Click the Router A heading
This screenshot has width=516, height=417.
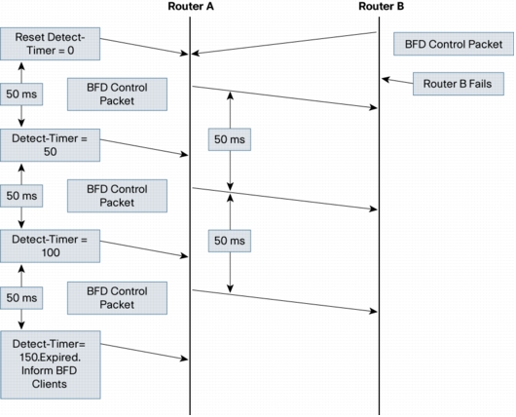click(x=191, y=6)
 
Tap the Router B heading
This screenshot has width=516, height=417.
click(x=381, y=6)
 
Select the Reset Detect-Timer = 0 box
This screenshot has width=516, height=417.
click(x=50, y=44)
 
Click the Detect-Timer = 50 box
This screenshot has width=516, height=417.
click(x=50, y=145)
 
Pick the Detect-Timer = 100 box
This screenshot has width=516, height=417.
click(x=50, y=246)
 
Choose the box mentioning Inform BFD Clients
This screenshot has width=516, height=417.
click(x=51, y=365)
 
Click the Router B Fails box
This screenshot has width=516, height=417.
click(x=459, y=84)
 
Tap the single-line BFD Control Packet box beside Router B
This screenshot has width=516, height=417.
click(x=454, y=44)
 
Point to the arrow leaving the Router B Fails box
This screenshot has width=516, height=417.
click(x=397, y=81)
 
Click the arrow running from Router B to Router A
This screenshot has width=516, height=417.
click(x=283, y=43)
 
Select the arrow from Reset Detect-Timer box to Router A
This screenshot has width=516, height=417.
click(x=144, y=47)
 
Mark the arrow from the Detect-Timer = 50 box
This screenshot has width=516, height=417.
click(x=144, y=147)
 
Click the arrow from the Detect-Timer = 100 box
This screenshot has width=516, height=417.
click(x=144, y=249)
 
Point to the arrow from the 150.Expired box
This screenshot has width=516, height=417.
click(x=144, y=352)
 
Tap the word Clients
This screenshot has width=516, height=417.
click(x=50, y=384)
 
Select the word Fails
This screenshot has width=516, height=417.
click(x=480, y=84)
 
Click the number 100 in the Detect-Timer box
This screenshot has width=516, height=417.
click(x=51, y=252)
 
